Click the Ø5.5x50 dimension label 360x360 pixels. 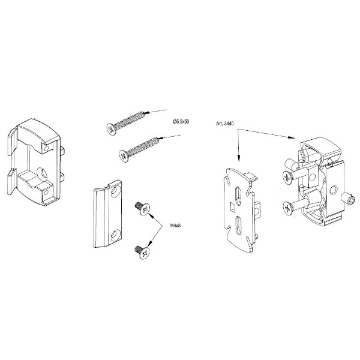tap(181, 121)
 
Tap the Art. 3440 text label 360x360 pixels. tap(225, 124)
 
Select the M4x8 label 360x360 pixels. tap(175, 226)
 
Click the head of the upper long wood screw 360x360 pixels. tap(112, 130)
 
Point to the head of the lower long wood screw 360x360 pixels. tap(124, 156)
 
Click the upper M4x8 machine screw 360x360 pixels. tap(142, 208)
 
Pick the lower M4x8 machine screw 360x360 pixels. tap(142, 252)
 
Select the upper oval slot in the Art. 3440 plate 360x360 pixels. tap(238, 195)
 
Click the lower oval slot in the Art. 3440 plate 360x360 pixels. tap(239, 226)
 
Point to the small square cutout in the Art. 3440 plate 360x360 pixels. tap(233, 206)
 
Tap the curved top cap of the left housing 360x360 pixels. tap(38, 131)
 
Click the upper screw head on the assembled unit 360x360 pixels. tap(287, 177)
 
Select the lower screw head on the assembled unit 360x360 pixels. tap(287, 208)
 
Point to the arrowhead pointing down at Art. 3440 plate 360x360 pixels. tap(239, 159)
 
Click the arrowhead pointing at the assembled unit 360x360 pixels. tap(292, 137)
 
